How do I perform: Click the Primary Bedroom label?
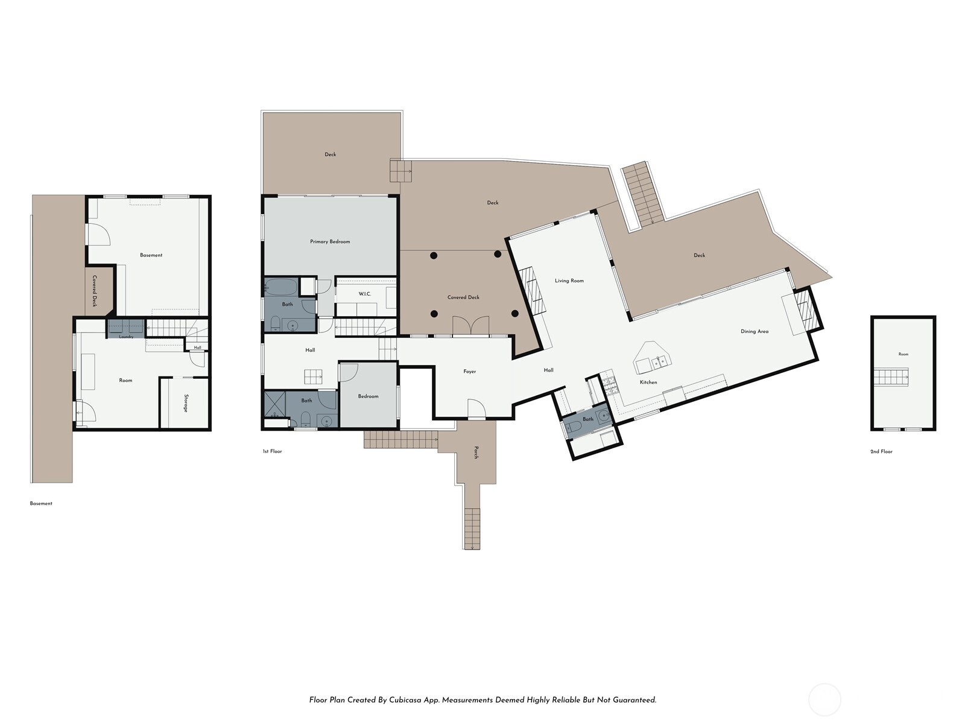(x=330, y=241)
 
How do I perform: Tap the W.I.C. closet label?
(x=364, y=294)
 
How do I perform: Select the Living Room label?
(x=569, y=281)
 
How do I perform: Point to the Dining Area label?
(x=755, y=331)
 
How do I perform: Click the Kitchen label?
(x=648, y=382)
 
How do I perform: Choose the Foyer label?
(x=469, y=372)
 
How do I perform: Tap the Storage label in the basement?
(x=186, y=403)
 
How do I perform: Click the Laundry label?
(x=126, y=337)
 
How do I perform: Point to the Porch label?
(x=476, y=453)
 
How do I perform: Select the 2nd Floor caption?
(x=881, y=451)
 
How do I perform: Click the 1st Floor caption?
(x=272, y=451)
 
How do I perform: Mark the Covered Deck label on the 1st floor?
(x=463, y=297)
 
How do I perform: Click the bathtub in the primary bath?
(x=281, y=287)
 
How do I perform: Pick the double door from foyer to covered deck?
(x=471, y=326)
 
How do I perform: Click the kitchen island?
(x=651, y=357)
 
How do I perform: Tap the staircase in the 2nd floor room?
(x=891, y=378)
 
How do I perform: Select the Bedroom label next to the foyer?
(x=368, y=396)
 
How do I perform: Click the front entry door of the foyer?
(x=476, y=409)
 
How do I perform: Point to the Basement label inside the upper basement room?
(x=151, y=255)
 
